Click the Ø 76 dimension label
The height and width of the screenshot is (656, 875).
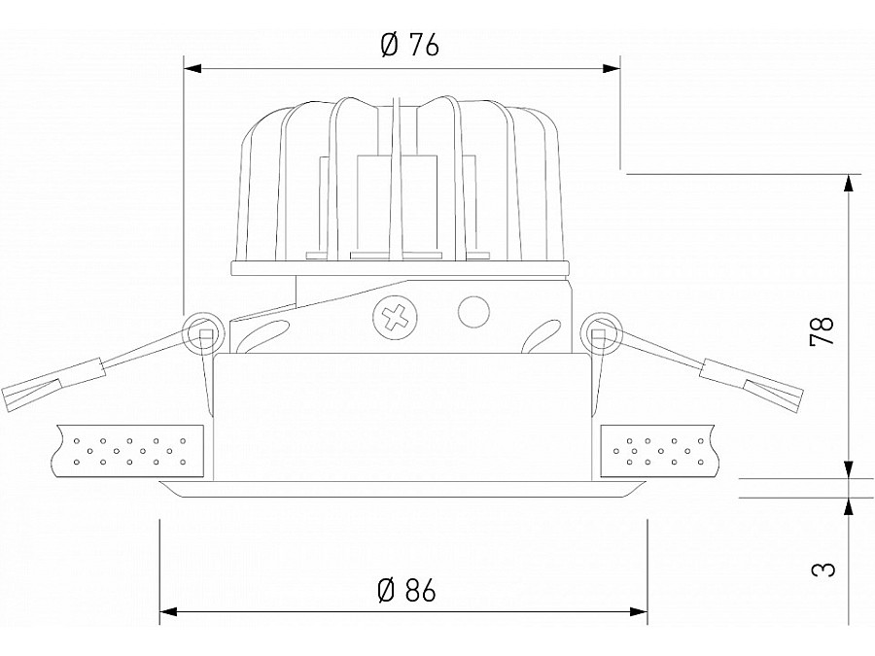coord(409,45)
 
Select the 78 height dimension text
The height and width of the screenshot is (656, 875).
coord(822,331)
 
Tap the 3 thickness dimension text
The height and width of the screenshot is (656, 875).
coord(822,567)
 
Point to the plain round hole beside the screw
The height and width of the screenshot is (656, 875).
coord(472,311)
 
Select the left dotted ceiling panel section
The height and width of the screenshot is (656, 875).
coord(130,451)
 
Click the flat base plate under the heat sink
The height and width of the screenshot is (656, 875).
coord(401,269)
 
